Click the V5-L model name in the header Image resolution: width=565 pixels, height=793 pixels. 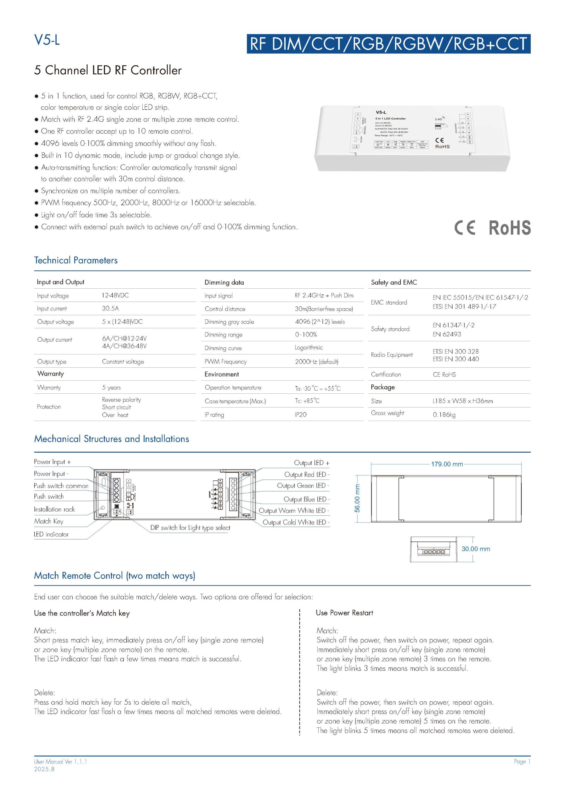coord(47,40)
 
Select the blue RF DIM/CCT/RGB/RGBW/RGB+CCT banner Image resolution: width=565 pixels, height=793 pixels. coord(388,44)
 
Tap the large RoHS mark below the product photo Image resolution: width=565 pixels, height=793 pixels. coord(510,228)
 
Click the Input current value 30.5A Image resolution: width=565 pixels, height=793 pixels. coord(110,308)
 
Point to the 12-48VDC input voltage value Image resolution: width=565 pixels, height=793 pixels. coord(115,295)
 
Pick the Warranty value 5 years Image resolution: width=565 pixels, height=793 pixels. coord(111,387)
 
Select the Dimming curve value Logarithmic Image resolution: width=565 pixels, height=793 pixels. coord(308,348)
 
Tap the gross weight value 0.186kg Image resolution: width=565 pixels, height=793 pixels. coord(444,414)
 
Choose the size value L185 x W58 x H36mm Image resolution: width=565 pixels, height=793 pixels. coord(463,401)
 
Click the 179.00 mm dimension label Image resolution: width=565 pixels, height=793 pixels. coord(447,464)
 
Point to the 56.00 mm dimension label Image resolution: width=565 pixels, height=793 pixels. coord(358,499)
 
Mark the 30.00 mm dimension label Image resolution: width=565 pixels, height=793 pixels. coord(476,549)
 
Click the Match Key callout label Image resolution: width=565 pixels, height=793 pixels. coord(49,521)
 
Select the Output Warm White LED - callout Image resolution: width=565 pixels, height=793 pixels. coord(294,510)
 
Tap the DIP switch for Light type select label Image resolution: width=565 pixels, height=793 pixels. coord(190,528)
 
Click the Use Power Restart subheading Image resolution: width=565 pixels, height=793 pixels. coord(344,613)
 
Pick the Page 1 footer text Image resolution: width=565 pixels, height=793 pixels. coord(522,761)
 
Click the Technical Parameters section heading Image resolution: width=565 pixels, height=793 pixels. coord(76,260)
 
